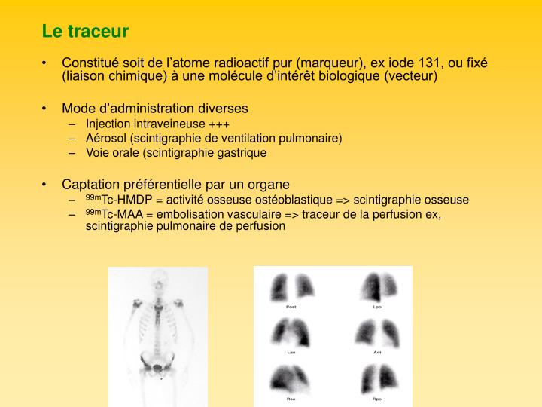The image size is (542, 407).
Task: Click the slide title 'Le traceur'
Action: coord(85,32)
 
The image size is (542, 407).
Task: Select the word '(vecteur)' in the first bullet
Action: coord(411,76)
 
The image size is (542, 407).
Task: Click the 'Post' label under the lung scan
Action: coord(291,307)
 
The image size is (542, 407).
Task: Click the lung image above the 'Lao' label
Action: coord(291,332)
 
